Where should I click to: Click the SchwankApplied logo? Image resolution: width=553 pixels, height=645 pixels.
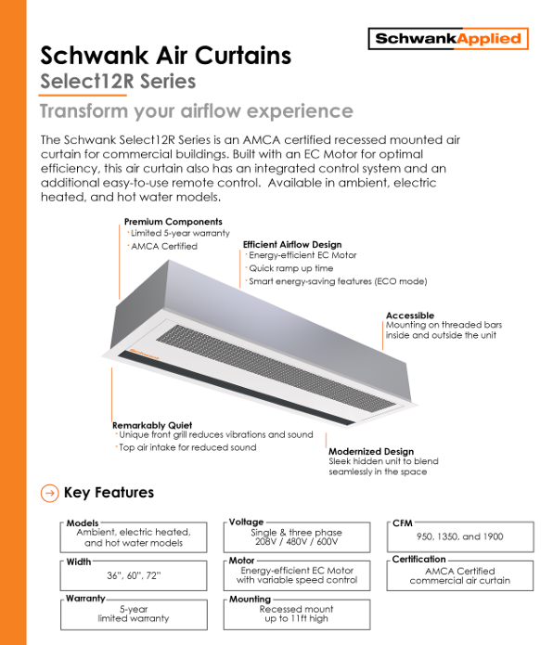(448, 39)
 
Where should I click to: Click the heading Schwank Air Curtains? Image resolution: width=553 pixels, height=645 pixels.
(166, 56)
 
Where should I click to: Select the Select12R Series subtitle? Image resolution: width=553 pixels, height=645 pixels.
(118, 82)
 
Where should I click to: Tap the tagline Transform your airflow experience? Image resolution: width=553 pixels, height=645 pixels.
(196, 111)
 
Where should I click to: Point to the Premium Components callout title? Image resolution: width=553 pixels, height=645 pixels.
(174, 222)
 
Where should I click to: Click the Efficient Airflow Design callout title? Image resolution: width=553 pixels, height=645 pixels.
(292, 244)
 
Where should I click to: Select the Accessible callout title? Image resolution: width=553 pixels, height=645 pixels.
(409, 316)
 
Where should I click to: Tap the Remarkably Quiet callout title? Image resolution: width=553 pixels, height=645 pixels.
(152, 425)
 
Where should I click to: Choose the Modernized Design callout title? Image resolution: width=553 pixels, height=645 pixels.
(371, 451)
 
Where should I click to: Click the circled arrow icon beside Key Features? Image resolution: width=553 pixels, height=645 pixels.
(50, 493)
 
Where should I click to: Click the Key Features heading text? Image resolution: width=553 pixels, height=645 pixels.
(109, 493)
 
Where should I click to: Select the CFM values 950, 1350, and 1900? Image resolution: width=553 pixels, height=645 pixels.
(460, 536)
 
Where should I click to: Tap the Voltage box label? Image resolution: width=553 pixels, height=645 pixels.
(247, 522)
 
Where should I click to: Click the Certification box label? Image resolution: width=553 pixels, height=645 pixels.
(419, 560)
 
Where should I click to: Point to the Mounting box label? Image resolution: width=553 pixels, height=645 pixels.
(251, 600)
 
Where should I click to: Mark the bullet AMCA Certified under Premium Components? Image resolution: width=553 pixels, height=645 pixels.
(165, 246)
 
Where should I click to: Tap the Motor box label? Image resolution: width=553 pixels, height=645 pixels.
(242, 561)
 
